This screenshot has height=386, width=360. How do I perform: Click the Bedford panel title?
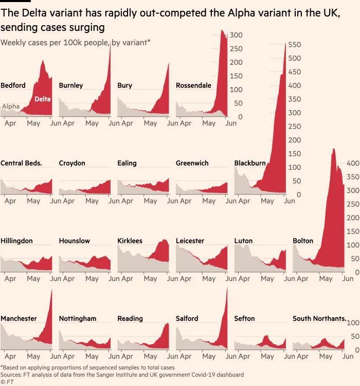pos(13,85)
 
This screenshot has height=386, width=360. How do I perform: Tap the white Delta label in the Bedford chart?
pos(43,99)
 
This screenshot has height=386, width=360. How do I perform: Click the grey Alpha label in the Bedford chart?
pos(11,107)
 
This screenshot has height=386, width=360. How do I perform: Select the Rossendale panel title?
pos(193,85)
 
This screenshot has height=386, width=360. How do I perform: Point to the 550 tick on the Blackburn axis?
pos(296,45)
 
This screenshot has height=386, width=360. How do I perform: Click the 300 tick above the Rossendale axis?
pos(236,35)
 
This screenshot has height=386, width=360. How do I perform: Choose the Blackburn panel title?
pos(250,163)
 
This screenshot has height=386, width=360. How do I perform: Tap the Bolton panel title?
pos(303,241)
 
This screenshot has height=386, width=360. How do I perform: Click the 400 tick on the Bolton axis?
pos(353,163)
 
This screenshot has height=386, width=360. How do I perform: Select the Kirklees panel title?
pos(130,241)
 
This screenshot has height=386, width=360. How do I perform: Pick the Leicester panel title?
pos(190,241)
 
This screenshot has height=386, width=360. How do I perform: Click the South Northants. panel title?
pos(319,319)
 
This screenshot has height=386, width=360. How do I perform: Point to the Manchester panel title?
pos(19,319)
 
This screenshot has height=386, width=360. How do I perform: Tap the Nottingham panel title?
pos(77,319)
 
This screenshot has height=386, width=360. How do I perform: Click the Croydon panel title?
pos(72,163)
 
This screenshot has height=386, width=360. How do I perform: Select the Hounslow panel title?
pos(74,241)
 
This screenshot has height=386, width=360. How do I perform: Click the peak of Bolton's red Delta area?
pos(333,149)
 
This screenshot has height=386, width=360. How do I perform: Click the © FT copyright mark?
pos(7,382)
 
